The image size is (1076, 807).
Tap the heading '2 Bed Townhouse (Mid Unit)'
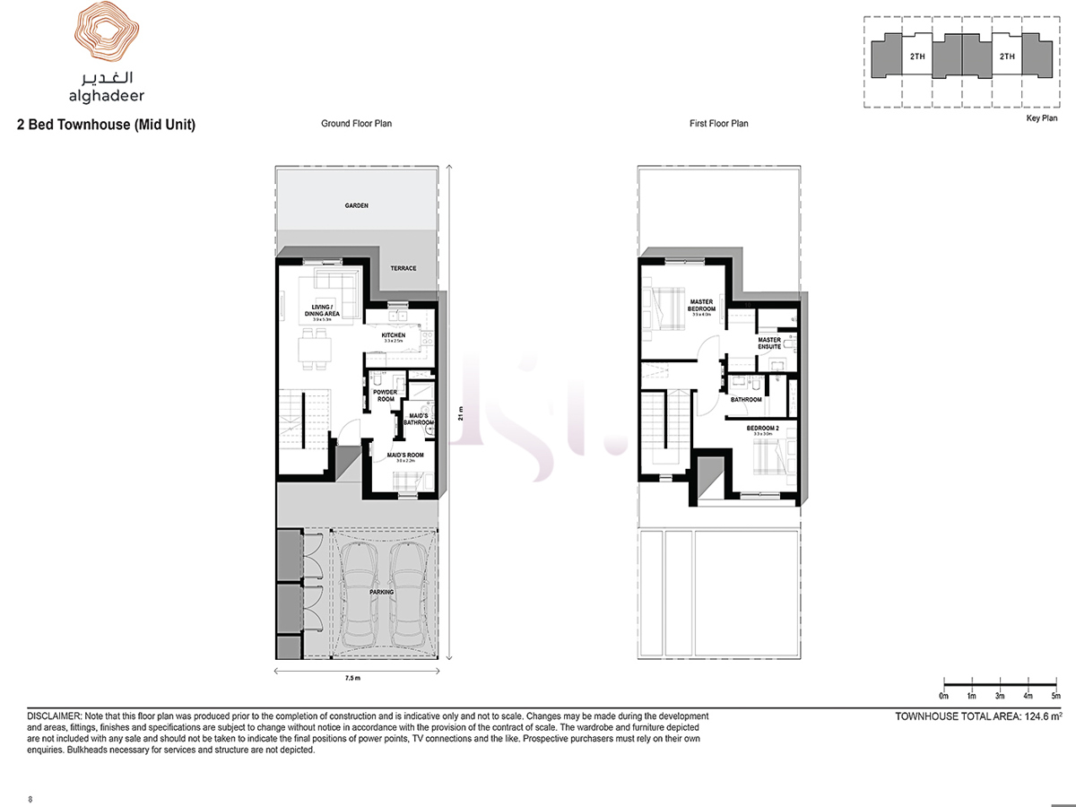(x=106, y=126)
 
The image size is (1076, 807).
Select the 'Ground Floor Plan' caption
(x=356, y=124)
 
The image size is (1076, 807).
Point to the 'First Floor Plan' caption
(x=718, y=124)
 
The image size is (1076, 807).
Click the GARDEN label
(x=357, y=205)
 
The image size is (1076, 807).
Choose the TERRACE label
(x=403, y=268)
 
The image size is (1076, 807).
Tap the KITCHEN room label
(x=394, y=335)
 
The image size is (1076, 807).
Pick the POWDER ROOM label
(x=384, y=395)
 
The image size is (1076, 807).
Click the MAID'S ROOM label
(x=405, y=455)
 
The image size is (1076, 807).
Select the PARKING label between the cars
(x=382, y=592)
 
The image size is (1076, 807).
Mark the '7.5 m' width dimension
(x=351, y=680)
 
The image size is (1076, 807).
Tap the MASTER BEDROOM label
(x=701, y=305)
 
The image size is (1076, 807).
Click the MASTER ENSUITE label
(x=769, y=343)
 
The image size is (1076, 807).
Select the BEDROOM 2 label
(x=764, y=428)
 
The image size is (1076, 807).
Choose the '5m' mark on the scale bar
(x=1055, y=696)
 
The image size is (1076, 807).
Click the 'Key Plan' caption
(x=1041, y=117)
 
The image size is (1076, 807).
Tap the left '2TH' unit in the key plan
(x=916, y=57)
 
